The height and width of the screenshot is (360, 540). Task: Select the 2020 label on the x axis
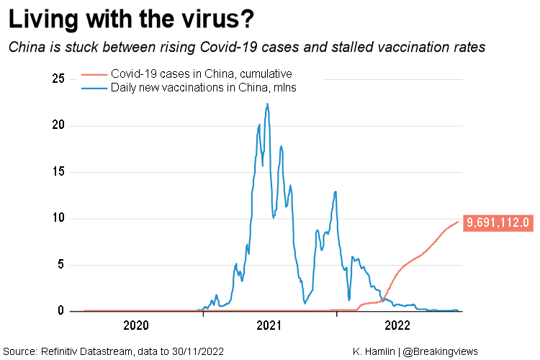pos(136,325)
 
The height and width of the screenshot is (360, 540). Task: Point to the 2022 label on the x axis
pos(397,325)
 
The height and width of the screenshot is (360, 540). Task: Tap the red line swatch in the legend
pos(94,74)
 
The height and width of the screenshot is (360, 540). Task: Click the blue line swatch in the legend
pos(94,88)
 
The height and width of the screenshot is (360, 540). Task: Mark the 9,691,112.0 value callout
pos(498,222)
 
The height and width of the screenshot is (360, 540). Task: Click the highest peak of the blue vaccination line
pos(267,104)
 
